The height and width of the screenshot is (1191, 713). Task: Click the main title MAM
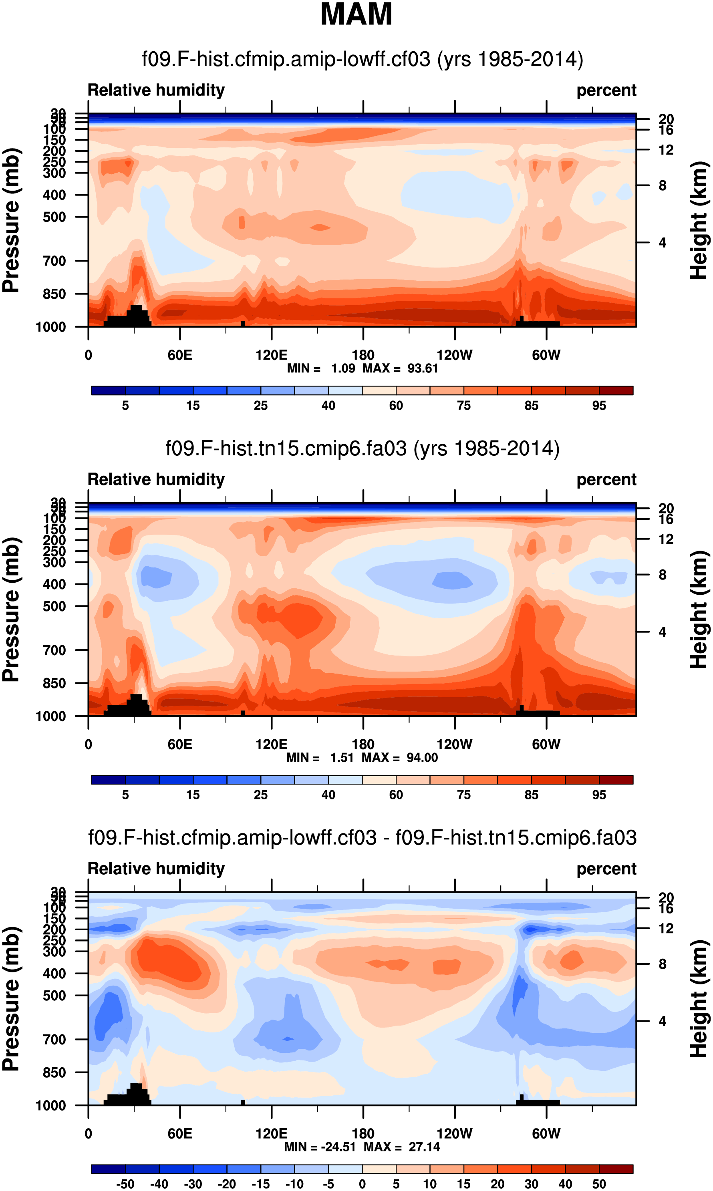pyautogui.click(x=356, y=14)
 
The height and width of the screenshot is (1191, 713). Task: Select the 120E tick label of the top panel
pyautogui.click(x=272, y=355)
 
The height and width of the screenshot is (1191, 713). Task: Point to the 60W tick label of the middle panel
pyautogui.click(x=546, y=744)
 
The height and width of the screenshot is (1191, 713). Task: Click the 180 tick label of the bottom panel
pyautogui.click(x=363, y=1134)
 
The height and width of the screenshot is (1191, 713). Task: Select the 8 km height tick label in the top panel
pyautogui.click(x=663, y=185)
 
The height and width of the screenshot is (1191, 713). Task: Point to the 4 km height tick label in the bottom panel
pyautogui.click(x=663, y=1022)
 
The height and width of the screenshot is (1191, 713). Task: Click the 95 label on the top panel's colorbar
pyautogui.click(x=599, y=406)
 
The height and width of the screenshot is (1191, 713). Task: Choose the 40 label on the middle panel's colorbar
pyautogui.click(x=328, y=795)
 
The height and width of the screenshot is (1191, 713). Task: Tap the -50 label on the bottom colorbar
pyautogui.click(x=125, y=1184)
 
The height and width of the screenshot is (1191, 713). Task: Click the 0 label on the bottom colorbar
pyautogui.click(x=362, y=1184)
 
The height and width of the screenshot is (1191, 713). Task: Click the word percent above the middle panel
pyautogui.click(x=606, y=480)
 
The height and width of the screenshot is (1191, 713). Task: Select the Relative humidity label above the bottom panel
pyautogui.click(x=156, y=869)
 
